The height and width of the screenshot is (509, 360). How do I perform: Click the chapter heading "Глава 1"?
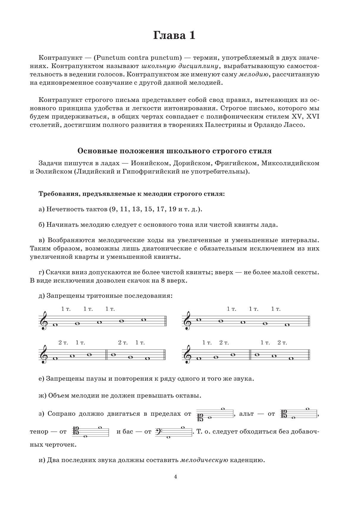click(x=174, y=36)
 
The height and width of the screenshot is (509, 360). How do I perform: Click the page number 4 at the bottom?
click(x=175, y=476)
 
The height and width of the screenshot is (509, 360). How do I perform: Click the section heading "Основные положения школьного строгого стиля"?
click(x=175, y=151)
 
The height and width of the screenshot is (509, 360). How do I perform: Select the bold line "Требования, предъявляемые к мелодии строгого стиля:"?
click(x=132, y=194)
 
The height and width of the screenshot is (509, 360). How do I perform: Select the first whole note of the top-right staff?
click(x=199, y=320)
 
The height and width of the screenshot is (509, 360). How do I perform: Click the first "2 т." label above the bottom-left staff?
click(x=63, y=343)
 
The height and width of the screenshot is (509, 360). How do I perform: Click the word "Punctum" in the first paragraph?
click(x=109, y=57)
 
